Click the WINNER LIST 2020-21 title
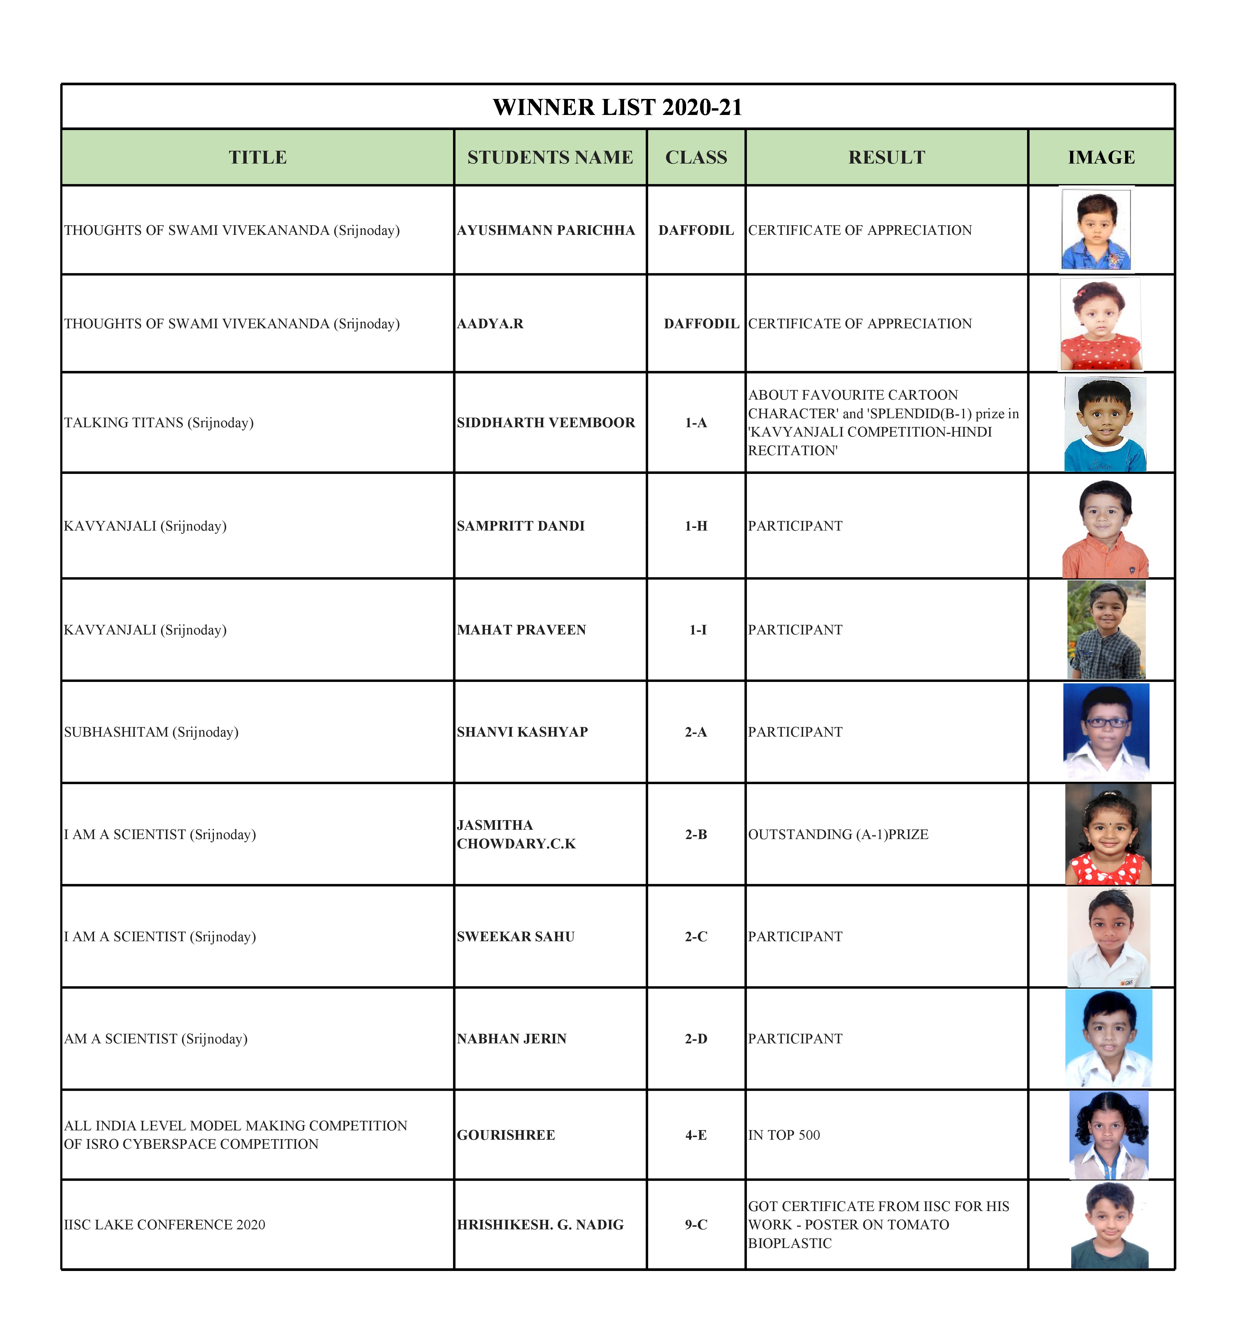(617, 107)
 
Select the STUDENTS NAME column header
(550, 157)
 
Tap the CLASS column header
(696, 157)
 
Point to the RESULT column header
(886, 157)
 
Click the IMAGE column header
(1101, 157)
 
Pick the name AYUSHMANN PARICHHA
(546, 230)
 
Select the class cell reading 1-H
(696, 526)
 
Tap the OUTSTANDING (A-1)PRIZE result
(838, 834)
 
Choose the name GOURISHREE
(506, 1135)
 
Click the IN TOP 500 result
(784, 1135)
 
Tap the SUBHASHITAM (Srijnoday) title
(151, 732)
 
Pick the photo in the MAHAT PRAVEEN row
(1106, 630)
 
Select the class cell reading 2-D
(696, 1039)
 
